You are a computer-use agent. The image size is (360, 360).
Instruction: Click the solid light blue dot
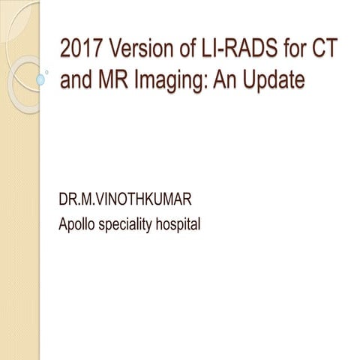coord(41,79)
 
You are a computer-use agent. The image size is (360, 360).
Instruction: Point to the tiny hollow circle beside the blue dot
coord(48,73)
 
